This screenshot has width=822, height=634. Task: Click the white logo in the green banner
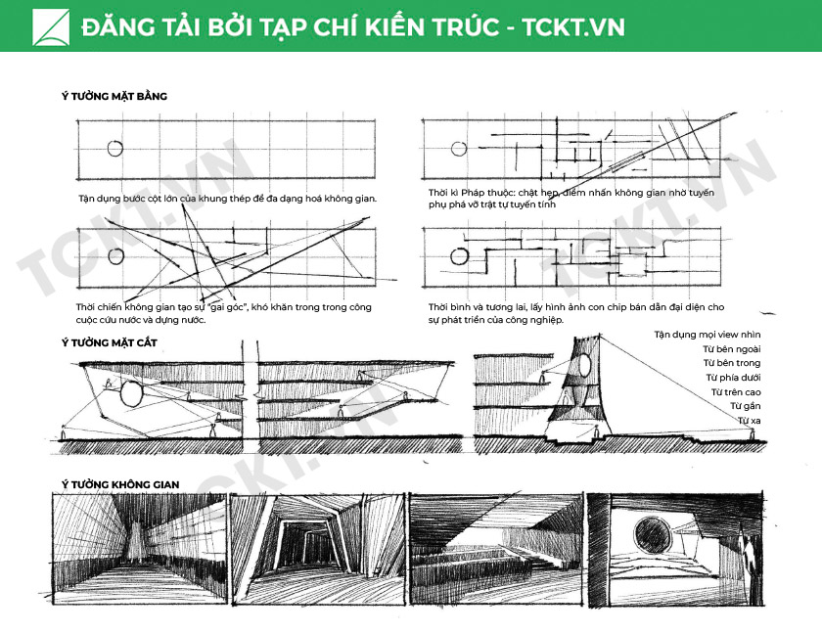51,26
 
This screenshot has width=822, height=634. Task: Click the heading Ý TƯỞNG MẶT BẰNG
114,96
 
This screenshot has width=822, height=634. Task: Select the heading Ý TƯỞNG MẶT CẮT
109,342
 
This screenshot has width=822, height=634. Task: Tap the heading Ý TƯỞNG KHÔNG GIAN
120,484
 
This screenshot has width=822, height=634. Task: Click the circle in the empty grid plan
115,149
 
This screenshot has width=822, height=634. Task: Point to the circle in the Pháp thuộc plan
459,149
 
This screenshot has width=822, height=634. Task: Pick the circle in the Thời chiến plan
115,256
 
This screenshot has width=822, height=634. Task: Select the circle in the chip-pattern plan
459,256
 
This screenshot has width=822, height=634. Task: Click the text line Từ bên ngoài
731,349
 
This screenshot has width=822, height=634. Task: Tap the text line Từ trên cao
736,392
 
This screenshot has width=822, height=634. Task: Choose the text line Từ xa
750,421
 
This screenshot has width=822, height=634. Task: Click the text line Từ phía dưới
733,378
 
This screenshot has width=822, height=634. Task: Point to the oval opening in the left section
130,394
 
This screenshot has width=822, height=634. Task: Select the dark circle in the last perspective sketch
652,535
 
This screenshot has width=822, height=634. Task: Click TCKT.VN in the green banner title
573,27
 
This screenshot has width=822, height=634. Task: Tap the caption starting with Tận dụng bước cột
227,199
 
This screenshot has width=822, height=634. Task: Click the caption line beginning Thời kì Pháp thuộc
571,193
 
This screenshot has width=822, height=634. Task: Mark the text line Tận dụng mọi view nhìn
708,335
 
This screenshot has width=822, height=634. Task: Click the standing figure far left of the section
64,432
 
